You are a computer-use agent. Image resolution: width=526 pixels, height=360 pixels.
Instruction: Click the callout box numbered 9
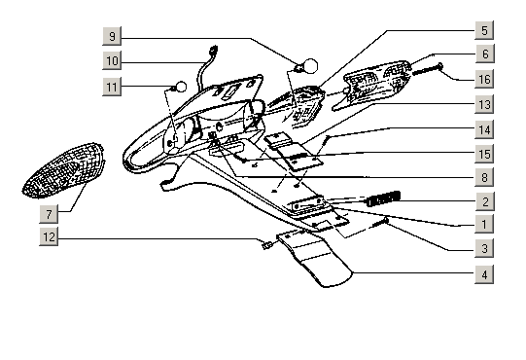(x=112, y=36)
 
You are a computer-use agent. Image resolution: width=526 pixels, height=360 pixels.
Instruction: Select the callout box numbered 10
(x=112, y=60)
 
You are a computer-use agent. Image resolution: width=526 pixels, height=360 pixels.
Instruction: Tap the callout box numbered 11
(x=112, y=87)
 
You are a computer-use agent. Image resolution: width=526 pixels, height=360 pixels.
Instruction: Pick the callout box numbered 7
(x=49, y=214)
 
